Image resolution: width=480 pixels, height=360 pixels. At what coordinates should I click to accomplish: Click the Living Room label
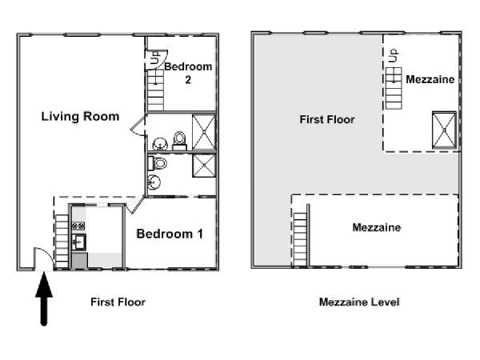point(80,117)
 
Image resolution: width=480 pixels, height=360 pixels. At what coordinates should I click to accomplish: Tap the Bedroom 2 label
point(188,73)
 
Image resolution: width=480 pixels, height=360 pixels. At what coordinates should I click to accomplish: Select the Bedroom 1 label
point(170,234)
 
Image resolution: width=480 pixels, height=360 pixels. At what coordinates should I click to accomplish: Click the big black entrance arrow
point(44,298)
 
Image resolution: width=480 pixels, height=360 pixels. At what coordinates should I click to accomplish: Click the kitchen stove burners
point(78,226)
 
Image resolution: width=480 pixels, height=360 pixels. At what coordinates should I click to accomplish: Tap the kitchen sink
point(78,242)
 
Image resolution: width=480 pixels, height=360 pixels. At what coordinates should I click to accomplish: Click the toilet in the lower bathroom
point(158,163)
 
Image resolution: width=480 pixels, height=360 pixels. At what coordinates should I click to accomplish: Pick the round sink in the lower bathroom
point(154,182)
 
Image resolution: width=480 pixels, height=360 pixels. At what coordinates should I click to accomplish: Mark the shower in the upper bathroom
point(204,132)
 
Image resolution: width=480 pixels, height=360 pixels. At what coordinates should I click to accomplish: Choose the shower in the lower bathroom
point(204,166)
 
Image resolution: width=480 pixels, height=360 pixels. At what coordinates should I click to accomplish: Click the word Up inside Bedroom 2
point(155,58)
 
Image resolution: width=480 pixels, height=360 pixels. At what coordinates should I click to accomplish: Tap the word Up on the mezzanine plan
point(394,55)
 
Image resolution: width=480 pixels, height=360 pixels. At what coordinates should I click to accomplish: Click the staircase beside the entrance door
point(62,242)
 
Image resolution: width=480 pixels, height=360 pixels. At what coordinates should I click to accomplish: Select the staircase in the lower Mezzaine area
point(300,239)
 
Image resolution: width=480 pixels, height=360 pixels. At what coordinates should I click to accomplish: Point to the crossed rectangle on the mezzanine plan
point(444,130)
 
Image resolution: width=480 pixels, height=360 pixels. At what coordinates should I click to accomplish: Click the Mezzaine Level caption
point(359,302)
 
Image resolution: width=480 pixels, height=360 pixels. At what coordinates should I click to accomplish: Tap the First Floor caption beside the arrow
point(118,302)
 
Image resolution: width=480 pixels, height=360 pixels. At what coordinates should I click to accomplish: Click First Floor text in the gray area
point(327,119)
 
